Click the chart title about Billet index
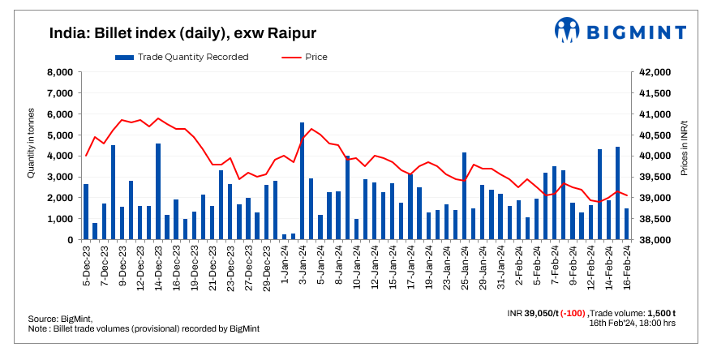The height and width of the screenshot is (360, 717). (x=182, y=33)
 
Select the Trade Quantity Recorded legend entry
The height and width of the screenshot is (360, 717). (x=182, y=57)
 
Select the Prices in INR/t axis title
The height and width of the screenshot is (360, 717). (x=686, y=156)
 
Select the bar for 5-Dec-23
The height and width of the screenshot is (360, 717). (x=86, y=212)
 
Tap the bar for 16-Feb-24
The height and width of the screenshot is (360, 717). (x=626, y=224)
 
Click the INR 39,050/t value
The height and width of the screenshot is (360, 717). (x=532, y=313)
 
